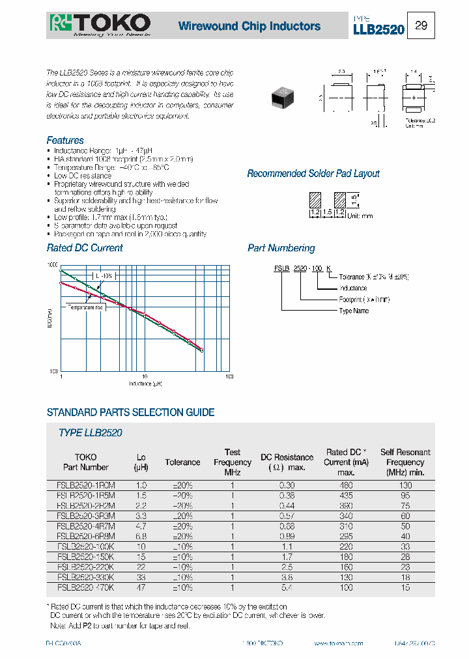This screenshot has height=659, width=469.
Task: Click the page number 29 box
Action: [x=421, y=26]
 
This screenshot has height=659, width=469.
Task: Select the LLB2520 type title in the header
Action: [x=378, y=29]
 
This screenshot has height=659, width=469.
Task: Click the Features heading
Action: [x=65, y=141]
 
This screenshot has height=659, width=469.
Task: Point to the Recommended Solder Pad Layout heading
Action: [x=313, y=174]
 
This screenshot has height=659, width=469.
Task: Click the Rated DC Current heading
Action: [x=85, y=248]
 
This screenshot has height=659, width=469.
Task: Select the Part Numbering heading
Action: [x=281, y=248]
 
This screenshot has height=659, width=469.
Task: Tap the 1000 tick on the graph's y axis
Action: [x=52, y=266]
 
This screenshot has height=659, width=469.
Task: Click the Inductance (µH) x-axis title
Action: [x=145, y=384]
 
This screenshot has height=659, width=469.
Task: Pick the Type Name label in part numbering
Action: [x=354, y=311]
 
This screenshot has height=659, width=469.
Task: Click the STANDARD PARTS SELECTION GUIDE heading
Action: [x=130, y=412]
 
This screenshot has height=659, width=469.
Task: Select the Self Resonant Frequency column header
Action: [x=405, y=462]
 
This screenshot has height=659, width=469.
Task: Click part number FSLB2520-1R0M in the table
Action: [x=85, y=485]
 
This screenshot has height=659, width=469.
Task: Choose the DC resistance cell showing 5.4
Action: [x=287, y=588]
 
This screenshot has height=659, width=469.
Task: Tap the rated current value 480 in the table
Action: [x=346, y=485]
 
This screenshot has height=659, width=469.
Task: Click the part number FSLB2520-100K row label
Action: [x=85, y=547]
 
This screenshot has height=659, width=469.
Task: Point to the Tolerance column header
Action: [x=182, y=462]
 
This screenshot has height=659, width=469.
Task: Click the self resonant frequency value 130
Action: [x=405, y=485]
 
